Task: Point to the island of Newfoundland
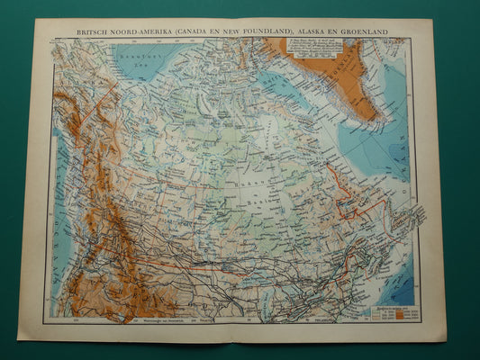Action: tap(410, 220)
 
